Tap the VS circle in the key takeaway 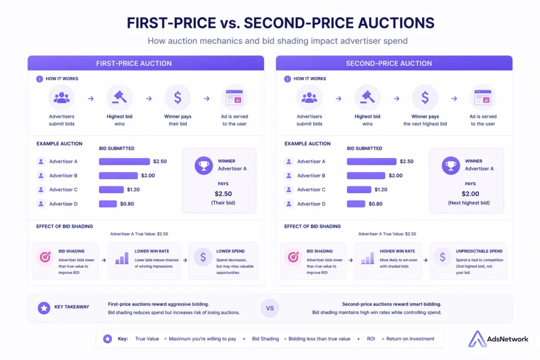270,308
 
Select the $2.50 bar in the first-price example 124,161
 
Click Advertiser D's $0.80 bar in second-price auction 356,203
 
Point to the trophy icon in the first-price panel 203,165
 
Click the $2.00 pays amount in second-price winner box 470,193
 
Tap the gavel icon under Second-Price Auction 368,98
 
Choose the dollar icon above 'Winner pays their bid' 178,98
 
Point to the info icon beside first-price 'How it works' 40,79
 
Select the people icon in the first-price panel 62,98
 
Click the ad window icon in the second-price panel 483,98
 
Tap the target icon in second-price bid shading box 293,257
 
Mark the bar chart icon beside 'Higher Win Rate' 368,258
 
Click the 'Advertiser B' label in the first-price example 64,176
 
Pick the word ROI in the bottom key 371,339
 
